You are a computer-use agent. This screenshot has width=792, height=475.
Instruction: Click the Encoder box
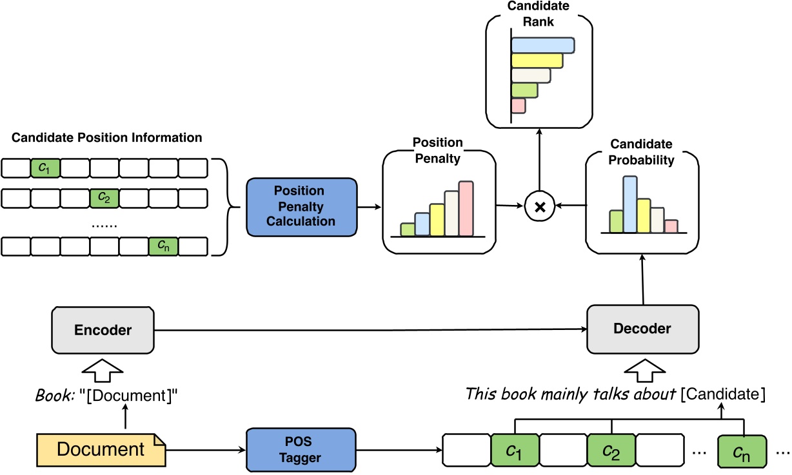[x=103, y=330]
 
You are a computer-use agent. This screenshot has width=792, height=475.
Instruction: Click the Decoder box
[x=642, y=329]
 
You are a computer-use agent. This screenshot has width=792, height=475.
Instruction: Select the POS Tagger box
[x=301, y=449]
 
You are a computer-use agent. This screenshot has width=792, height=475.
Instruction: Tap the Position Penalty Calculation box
[x=301, y=206]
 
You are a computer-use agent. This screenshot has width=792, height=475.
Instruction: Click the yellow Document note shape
[x=101, y=449]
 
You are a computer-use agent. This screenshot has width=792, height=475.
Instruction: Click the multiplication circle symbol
[x=540, y=206]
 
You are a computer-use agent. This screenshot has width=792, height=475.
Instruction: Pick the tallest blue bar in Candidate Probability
[x=629, y=204]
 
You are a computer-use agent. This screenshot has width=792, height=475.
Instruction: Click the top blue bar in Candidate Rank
[x=542, y=45]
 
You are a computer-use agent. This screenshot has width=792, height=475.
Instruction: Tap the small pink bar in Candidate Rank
[x=518, y=106]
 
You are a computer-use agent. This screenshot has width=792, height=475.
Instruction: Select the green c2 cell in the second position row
[x=104, y=198]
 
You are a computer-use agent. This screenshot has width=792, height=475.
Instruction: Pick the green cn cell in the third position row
[x=163, y=246]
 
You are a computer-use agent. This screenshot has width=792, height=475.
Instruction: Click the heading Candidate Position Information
[x=107, y=138]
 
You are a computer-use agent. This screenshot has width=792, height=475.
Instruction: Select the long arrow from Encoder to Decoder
[x=368, y=330]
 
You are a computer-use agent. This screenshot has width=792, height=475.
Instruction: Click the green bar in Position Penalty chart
[x=407, y=229]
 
